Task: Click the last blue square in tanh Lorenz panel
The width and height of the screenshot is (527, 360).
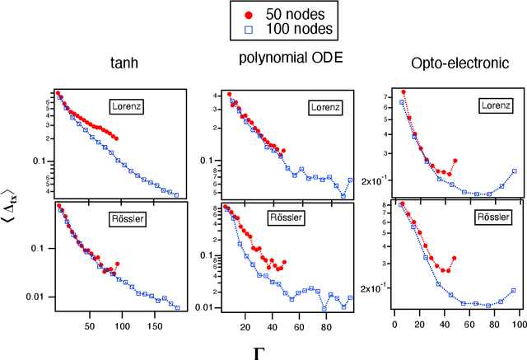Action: (177, 195)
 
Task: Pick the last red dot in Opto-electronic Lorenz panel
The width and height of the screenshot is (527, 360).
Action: (455, 161)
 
